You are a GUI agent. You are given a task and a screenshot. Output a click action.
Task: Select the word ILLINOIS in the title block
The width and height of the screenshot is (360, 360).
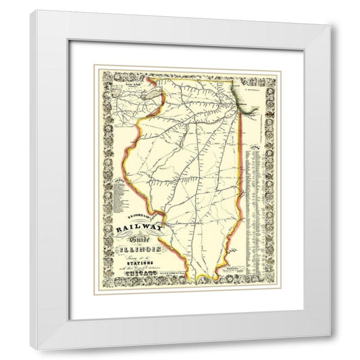click(x=139, y=253)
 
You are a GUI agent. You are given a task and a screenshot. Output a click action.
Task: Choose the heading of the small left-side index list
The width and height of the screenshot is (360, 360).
click(x=120, y=180)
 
